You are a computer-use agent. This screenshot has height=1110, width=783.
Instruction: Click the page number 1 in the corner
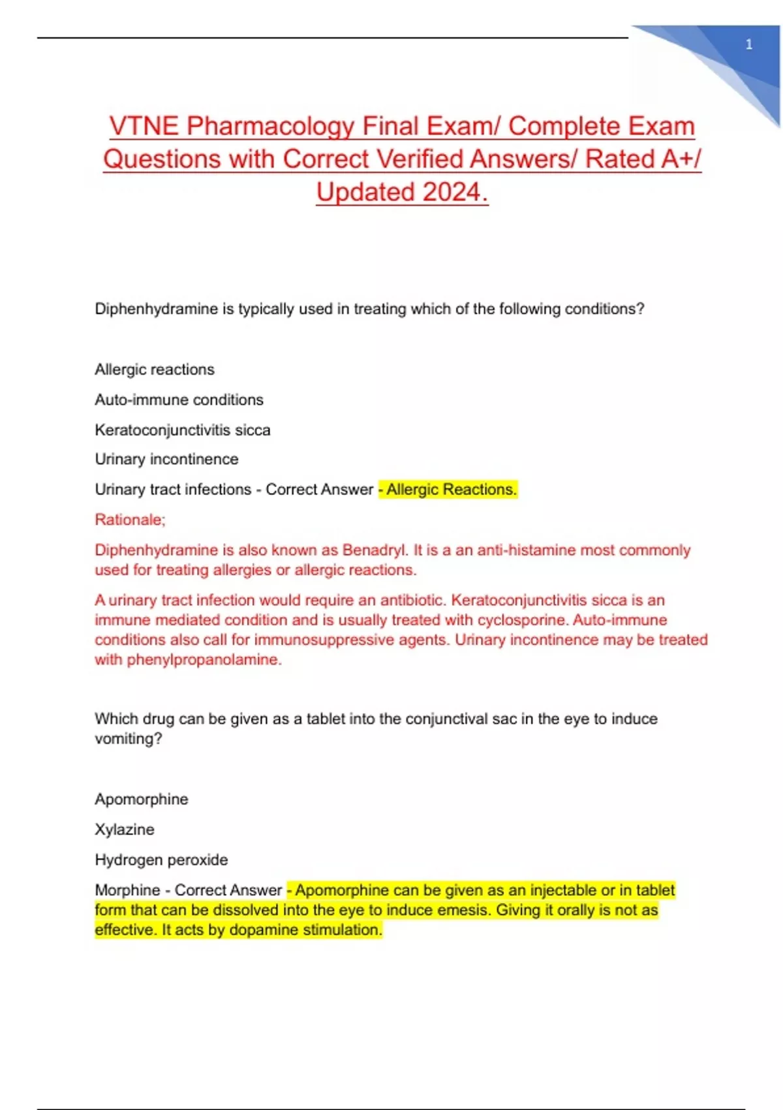748,44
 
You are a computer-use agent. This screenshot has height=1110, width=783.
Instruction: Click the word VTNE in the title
144,126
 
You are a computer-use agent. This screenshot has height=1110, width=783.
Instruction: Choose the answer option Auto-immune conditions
179,400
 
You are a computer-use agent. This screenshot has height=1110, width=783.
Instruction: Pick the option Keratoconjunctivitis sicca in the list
182,430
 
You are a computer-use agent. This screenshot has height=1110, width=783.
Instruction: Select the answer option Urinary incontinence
166,459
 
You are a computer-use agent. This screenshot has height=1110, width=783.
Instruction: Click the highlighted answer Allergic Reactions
451,489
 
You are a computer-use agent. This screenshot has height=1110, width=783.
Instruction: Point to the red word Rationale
129,520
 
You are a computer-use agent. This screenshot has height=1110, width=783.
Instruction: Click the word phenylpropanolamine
204,659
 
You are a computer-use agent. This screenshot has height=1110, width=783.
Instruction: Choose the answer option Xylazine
125,829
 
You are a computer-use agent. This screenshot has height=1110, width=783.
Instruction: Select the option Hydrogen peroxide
161,859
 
